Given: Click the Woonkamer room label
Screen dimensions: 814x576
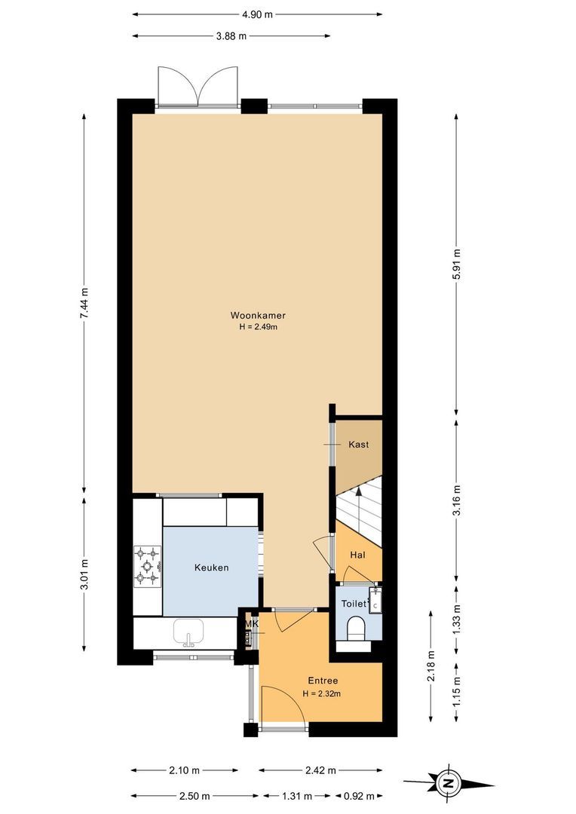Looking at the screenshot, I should coord(258,315).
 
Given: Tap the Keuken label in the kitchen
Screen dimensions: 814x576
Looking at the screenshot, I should coord(211,568).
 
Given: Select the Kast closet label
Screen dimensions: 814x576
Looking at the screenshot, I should coord(358,445).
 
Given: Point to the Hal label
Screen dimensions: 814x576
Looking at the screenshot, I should coord(357,555).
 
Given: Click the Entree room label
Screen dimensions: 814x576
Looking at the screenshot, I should coord(322,681).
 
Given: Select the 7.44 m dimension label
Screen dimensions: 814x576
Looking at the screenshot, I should coord(85,303).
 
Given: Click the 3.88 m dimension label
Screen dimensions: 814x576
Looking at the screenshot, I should coord(231,35).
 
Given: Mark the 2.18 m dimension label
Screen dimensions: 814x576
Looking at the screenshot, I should coord(430,666).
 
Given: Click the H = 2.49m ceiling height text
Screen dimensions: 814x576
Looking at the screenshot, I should coord(259,327).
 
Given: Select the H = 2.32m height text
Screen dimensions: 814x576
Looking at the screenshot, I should coord(322,693).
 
